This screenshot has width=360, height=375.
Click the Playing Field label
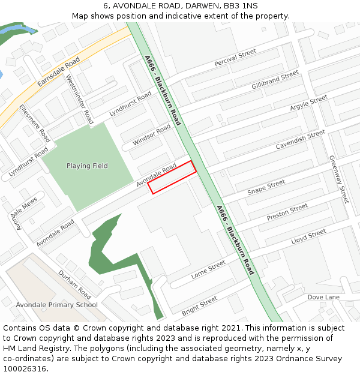[x=87, y=166]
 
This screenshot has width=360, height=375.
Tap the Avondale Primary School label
[x=56, y=305]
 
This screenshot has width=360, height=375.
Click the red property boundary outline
[x=172, y=177]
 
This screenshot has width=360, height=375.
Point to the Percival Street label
[x=235, y=59]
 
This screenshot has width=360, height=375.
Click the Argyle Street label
[x=308, y=103]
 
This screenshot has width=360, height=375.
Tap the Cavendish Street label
[x=300, y=140]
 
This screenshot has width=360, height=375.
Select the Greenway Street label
[x=338, y=179]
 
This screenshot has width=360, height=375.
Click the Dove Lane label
[x=323, y=297]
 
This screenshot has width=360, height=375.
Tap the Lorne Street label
[x=208, y=269]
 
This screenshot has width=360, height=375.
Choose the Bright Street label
[x=199, y=304]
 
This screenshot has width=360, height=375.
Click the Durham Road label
[x=74, y=284]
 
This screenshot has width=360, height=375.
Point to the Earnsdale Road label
[x=58, y=71]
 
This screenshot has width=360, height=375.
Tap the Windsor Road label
[x=152, y=136]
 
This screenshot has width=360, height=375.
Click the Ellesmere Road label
[x=34, y=123]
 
